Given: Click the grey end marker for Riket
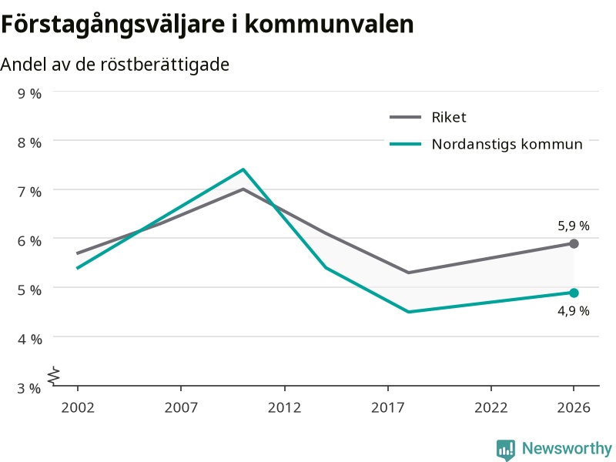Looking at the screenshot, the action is (574, 243).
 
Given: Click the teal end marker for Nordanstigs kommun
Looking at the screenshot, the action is (574, 293).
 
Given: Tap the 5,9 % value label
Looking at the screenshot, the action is (574, 226).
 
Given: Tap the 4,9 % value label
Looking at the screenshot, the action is (574, 311).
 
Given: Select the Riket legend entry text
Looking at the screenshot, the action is (449, 117).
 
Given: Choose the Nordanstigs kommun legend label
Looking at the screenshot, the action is (507, 144).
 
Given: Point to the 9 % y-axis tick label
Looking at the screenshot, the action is (29, 93).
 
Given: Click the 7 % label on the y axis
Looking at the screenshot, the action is (29, 192).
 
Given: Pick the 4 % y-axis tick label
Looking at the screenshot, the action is (29, 339).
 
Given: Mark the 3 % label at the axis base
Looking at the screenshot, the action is (29, 388).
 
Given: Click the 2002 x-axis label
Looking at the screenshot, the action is (78, 407).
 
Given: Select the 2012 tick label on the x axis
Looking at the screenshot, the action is (284, 407).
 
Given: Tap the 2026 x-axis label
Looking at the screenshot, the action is (574, 407).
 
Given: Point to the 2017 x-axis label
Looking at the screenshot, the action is (388, 407).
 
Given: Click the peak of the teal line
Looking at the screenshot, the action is (243, 169).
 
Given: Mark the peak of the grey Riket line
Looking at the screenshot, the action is (243, 189).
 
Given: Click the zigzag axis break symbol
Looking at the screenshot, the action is (54, 376).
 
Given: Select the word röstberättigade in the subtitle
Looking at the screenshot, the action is (165, 65).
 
